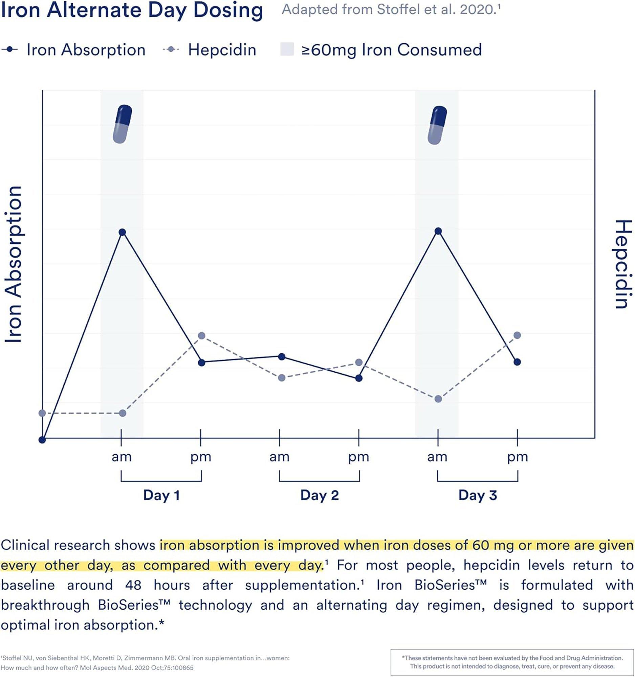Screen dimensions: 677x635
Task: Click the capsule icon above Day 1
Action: [122, 124]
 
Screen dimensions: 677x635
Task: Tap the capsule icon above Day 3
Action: [437, 125]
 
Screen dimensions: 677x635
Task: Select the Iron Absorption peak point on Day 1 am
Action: [123, 232]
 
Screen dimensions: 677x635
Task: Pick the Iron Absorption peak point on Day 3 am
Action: [439, 231]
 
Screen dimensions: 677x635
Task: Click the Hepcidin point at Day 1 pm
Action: [201, 336]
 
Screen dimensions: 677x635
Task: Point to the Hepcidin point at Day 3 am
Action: [438, 399]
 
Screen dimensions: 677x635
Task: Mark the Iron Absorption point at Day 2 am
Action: [282, 356]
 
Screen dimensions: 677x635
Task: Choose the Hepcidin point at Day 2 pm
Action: [359, 362]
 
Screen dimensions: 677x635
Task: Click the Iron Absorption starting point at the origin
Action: [42, 440]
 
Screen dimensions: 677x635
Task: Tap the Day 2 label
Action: [320, 495]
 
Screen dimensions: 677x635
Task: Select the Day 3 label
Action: [477, 495]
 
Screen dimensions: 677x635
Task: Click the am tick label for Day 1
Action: [122, 457]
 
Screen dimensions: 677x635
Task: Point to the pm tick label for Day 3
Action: [518, 457]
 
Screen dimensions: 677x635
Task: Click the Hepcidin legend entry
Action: [222, 50]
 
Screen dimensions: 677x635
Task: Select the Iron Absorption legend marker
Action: [10, 50]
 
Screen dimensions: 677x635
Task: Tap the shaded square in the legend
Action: [287, 49]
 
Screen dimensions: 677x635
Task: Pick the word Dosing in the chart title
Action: [228, 10]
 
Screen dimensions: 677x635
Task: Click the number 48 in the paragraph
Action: [133, 585]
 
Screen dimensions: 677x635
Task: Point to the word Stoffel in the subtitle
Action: [398, 9]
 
